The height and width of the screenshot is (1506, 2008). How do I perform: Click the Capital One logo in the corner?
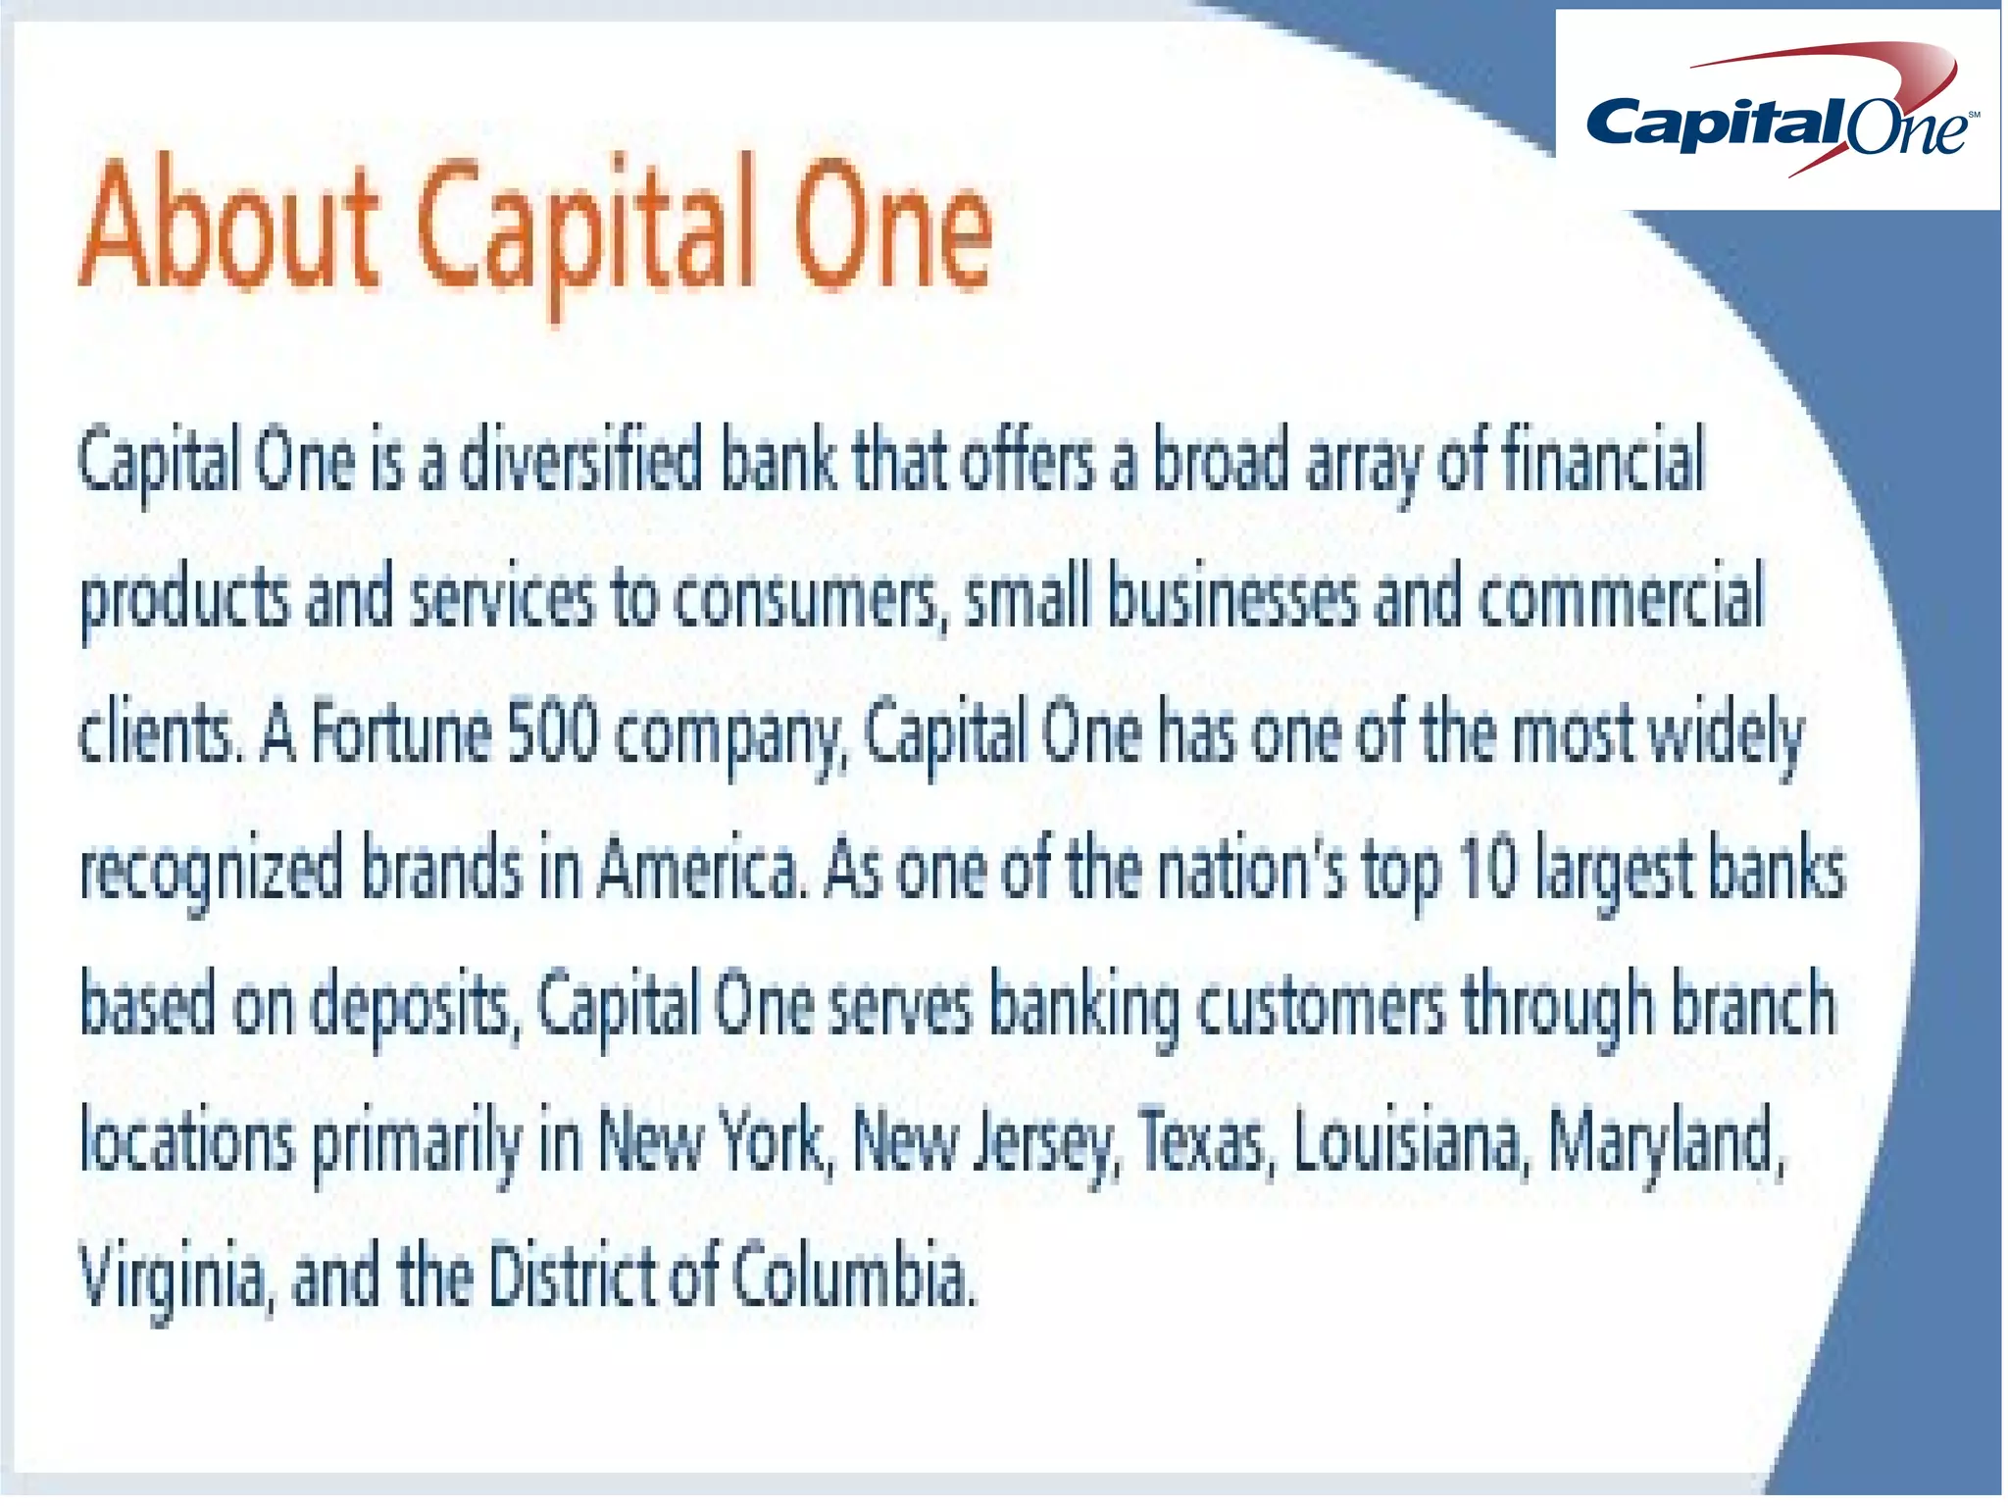point(1777,110)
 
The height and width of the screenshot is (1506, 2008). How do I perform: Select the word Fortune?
point(401,733)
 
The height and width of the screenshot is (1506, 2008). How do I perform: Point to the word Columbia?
point(854,1278)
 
